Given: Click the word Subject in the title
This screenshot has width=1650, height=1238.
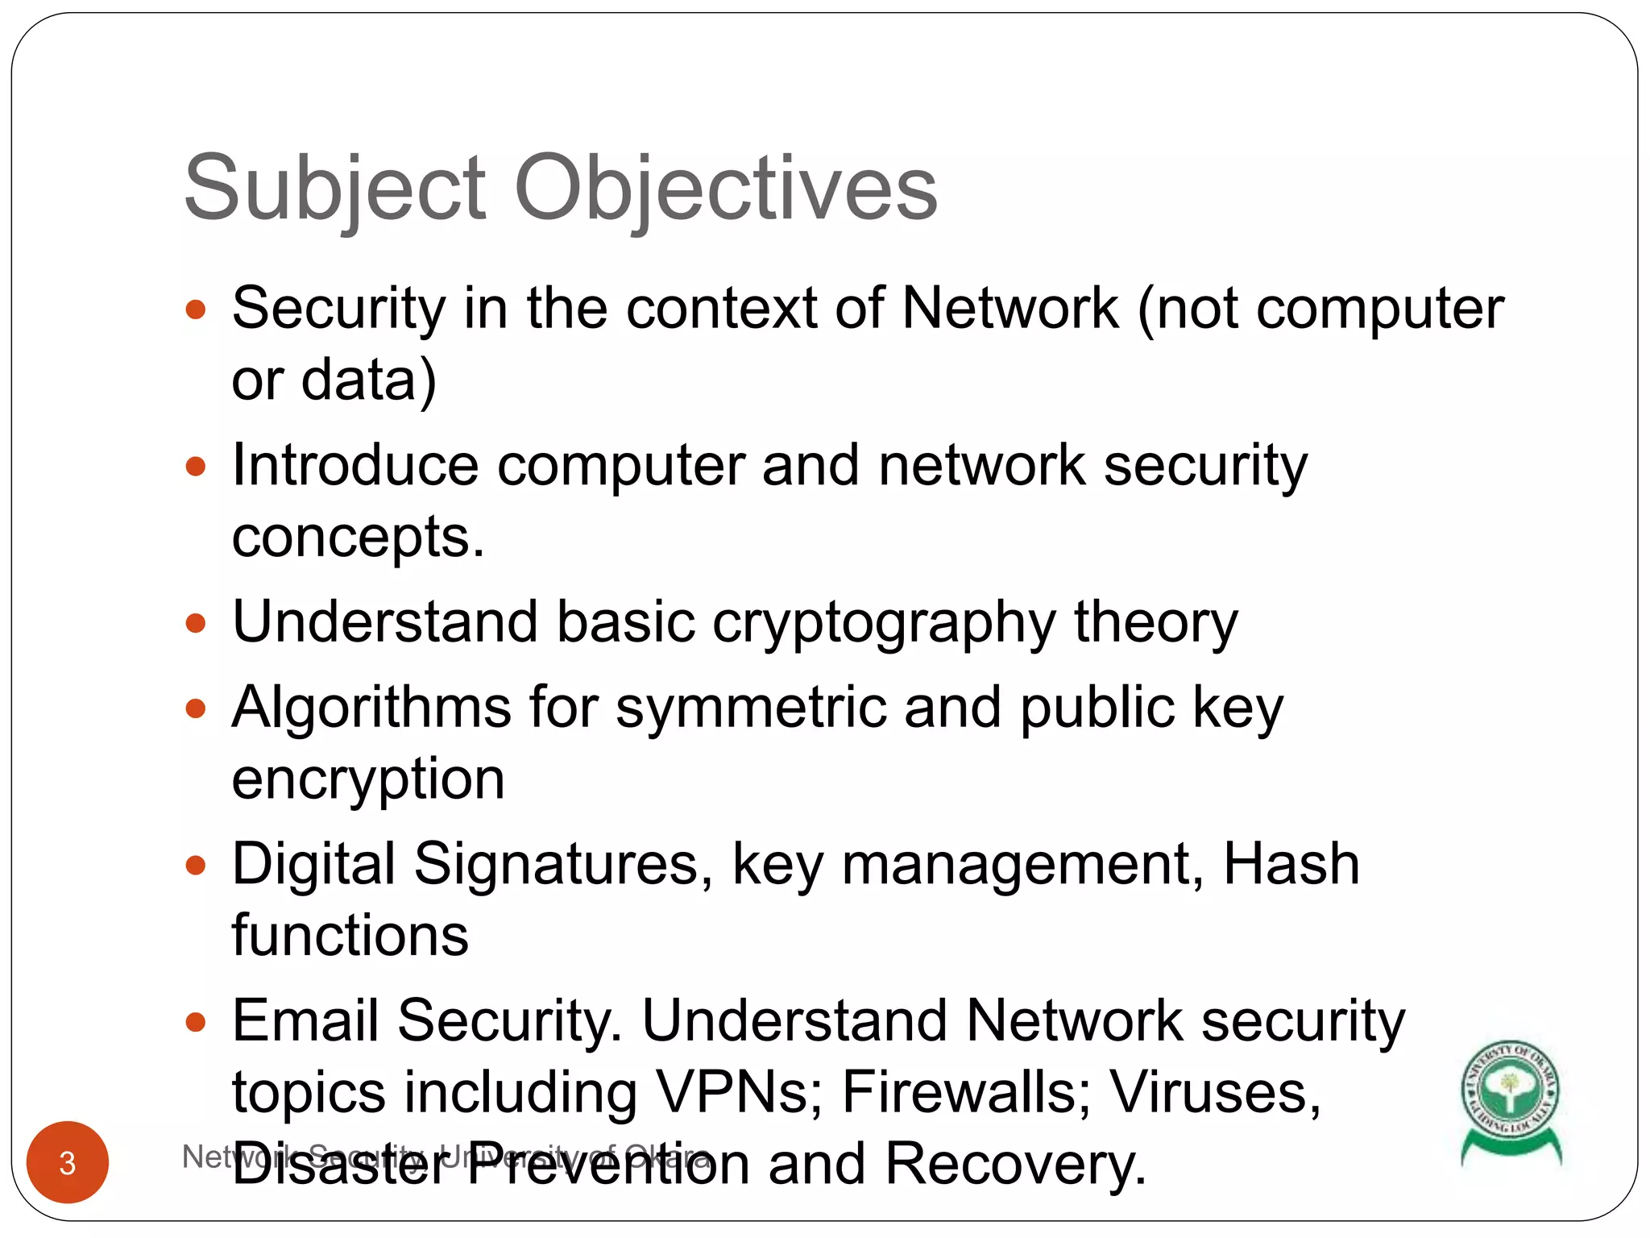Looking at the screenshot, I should click(x=334, y=189).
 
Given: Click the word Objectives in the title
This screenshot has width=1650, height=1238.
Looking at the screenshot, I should click(x=725, y=189).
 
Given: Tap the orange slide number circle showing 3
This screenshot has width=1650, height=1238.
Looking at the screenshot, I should click(x=68, y=1162).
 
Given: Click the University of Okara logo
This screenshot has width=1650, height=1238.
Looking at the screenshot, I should click(x=1511, y=1100).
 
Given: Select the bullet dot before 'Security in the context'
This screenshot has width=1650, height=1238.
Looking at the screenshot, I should click(x=196, y=309).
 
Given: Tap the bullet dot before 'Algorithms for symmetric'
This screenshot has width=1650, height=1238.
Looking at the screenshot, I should click(x=196, y=708).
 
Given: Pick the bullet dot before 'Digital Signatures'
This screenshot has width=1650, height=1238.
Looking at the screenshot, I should click(x=196, y=866).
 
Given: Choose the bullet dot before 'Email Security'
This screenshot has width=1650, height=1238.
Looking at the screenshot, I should click(x=196, y=1022).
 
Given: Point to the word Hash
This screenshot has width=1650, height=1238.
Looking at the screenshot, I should click(x=1291, y=864).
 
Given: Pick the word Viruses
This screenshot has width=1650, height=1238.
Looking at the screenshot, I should click(x=1215, y=1093).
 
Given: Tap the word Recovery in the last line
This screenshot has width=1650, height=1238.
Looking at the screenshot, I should click(x=1015, y=1164).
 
